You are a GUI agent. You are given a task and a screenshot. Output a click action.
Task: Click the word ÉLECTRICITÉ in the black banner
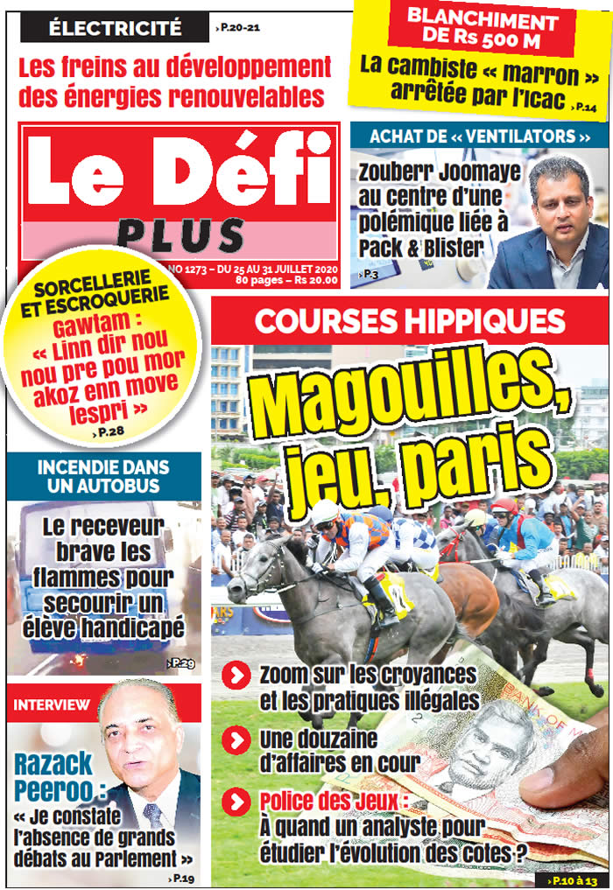pos(115,27)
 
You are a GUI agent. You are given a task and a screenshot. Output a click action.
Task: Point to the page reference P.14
pos(584,106)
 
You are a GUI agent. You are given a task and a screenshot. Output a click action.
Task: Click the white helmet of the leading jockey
pos(327,511)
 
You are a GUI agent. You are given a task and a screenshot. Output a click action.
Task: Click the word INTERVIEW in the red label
pos(52,704)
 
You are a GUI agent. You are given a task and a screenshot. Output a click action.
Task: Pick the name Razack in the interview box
pos(53,764)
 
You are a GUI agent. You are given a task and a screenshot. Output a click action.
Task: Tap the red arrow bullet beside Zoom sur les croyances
pos(236,676)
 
